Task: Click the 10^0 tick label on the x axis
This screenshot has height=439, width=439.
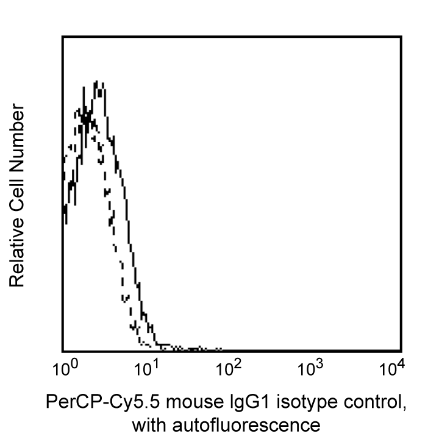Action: (63, 369)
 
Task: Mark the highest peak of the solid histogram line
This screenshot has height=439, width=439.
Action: (96, 82)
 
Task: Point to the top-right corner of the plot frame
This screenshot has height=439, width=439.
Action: (401, 37)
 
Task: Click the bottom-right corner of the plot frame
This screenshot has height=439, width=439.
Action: (401, 351)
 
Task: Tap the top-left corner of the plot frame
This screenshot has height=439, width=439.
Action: (63, 37)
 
